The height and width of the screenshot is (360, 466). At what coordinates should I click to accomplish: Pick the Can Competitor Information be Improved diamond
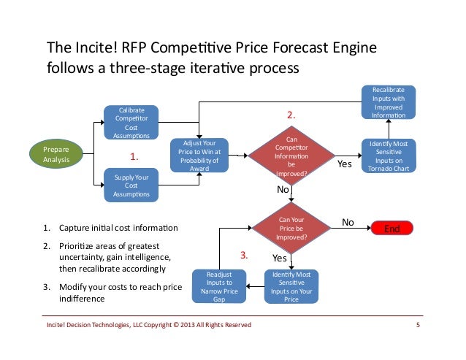click(291, 156)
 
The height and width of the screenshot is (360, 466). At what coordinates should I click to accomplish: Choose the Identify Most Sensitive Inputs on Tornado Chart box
click(389, 155)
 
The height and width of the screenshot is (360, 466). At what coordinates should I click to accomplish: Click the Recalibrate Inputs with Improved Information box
click(389, 103)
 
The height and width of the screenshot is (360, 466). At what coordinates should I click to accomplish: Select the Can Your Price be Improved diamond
click(291, 229)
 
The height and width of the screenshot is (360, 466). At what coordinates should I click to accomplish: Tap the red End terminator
click(393, 229)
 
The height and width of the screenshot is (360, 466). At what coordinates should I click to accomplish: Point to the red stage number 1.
click(134, 156)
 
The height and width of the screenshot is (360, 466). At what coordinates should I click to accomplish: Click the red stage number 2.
click(291, 115)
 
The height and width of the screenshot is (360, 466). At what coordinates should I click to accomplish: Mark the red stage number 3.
click(245, 256)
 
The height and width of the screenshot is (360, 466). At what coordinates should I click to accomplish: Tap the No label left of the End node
click(348, 221)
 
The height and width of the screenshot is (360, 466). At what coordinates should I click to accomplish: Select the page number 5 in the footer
click(418, 324)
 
